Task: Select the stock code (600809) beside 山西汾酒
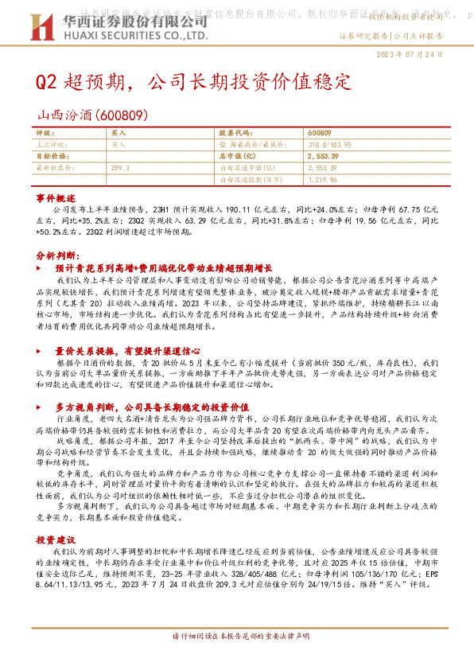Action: tap(122, 114)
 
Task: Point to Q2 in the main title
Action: tap(49, 82)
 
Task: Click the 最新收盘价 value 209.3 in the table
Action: tap(121, 168)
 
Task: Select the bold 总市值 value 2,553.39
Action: tap(322, 157)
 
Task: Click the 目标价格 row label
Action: tap(54, 157)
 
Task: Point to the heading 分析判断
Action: tap(57, 256)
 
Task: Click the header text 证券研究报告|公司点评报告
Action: tap(390, 36)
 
